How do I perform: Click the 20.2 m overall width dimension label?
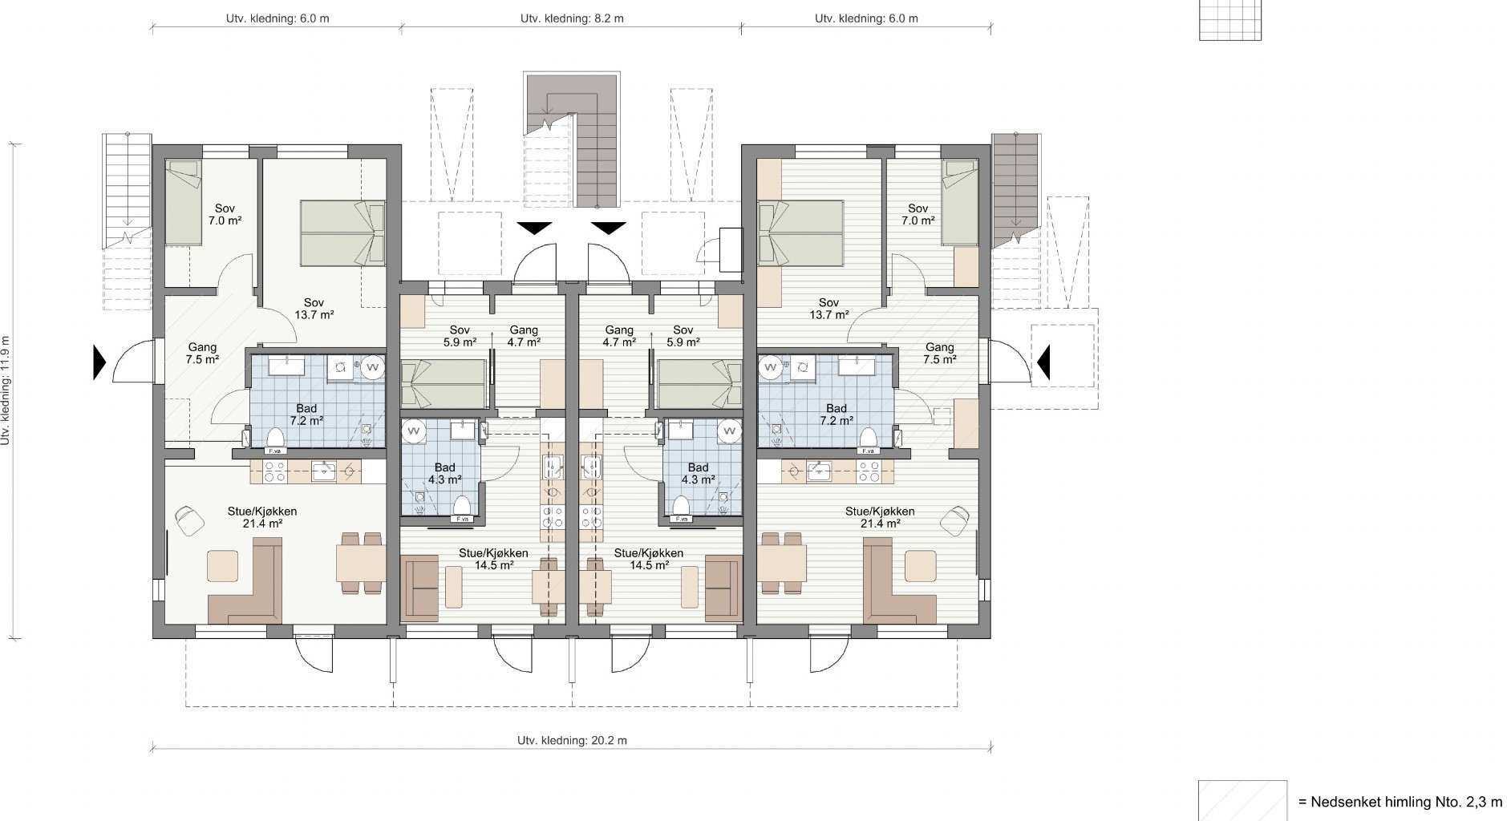coord(572,740)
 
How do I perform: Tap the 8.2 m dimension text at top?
coord(572,18)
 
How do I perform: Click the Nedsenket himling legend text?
coord(1400,802)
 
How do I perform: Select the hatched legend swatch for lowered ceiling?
coord(1242,800)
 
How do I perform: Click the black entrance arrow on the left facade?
coord(99,362)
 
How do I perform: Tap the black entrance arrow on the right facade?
coord(1043,362)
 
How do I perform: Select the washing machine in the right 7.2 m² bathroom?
coord(770,367)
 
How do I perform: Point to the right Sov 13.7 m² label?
coord(828,309)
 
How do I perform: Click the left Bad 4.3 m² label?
coord(444,474)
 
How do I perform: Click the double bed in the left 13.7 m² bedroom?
coord(342,233)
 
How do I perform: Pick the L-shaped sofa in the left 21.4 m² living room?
coord(245,581)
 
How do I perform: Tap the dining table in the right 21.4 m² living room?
coord(782,563)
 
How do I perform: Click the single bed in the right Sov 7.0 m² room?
coord(960,202)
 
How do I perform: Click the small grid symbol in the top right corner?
coord(1230,19)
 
